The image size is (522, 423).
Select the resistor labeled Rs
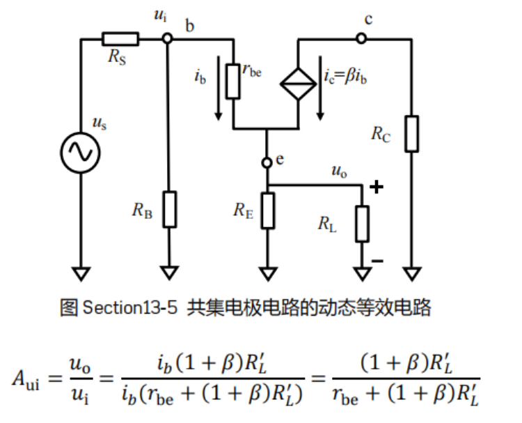(120, 39)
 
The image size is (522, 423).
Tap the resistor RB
(169, 209)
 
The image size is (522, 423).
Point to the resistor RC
(412, 133)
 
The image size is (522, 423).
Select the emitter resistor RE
(268, 210)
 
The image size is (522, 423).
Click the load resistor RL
(362, 224)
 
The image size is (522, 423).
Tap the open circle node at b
(167, 39)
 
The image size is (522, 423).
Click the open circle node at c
(361, 39)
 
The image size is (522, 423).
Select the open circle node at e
(267, 162)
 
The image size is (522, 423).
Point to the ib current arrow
(219, 91)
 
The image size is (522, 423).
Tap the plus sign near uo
(377, 187)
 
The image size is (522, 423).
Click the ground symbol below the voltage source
(81, 272)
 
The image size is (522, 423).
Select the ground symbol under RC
(412, 272)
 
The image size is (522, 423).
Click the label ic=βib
(346, 76)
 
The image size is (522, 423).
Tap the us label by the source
(100, 123)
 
